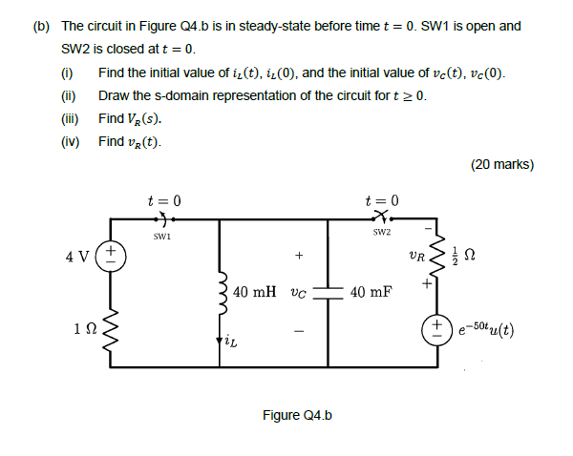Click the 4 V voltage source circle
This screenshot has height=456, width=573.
pyautogui.click(x=112, y=257)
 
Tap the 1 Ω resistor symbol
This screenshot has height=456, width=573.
pyautogui.click(x=112, y=330)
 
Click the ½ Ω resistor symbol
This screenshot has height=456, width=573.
pyautogui.click(x=440, y=257)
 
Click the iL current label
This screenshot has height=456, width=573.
pyautogui.click(x=229, y=339)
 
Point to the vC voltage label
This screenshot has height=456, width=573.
pyautogui.click(x=297, y=293)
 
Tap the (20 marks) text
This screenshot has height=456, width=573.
pyautogui.click(x=501, y=164)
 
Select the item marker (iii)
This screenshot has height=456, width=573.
pyautogui.click(x=69, y=119)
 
